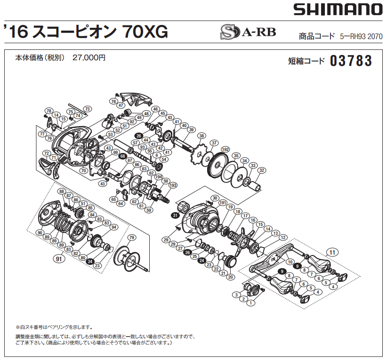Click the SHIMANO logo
pyautogui.click(x=337, y=9)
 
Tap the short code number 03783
pyautogui.click(x=351, y=61)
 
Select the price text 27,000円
pyautogui.click(x=89, y=57)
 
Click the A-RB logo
pyautogui.click(x=248, y=32)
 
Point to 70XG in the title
pyautogui.click(x=145, y=32)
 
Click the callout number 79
pyautogui.click(x=132, y=237)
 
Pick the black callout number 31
pyautogui.click(x=175, y=215)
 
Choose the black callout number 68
pyautogui.click(x=123, y=156)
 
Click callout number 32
pyautogui.click(x=262, y=170)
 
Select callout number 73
pyautogui.click(x=88, y=109)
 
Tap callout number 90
pyautogui.click(x=40, y=232)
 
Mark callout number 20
pyautogui.click(x=230, y=277)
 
